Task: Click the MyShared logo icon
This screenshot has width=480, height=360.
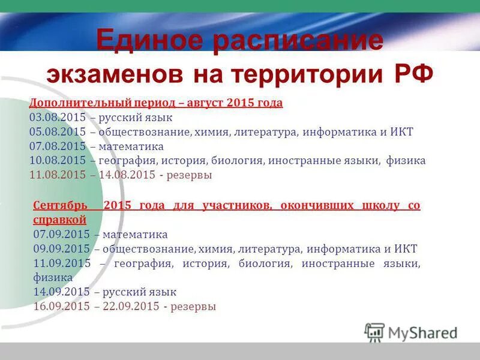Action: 374,332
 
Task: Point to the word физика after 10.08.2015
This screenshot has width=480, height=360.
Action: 406,161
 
